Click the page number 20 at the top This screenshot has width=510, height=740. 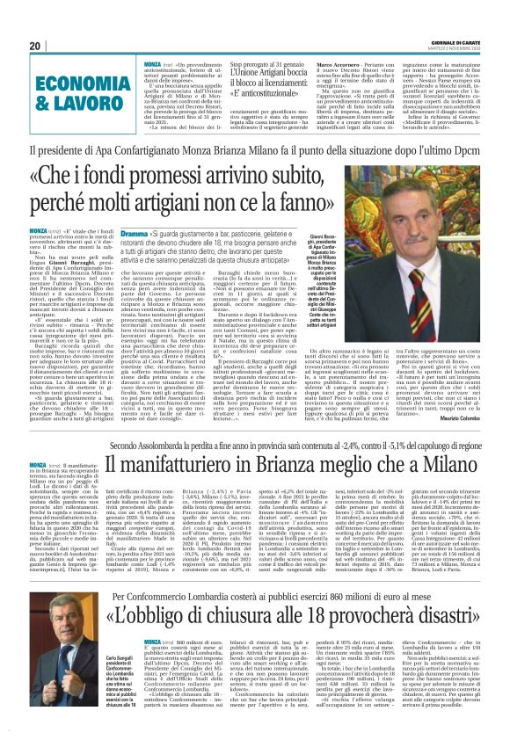pyautogui.click(x=34, y=46)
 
